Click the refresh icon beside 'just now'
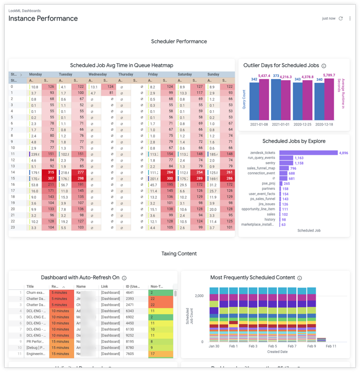[x=340, y=19]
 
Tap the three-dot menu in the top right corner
[x=350, y=19]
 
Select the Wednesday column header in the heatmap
[x=98, y=75]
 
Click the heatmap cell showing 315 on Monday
[x=50, y=173]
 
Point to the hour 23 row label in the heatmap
[x=12, y=227]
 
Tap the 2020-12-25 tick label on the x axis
[x=303, y=124]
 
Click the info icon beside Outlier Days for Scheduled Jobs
[x=324, y=66]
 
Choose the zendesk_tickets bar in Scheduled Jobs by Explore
[x=309, y=153]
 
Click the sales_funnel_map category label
[x=261, y=168]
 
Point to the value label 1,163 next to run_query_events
[x=299, y=158]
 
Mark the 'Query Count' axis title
[x=244, y=99]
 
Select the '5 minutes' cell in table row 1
[x=60, y=293]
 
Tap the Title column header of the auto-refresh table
[x=30, y=287]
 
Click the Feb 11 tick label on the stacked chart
[x=331, y=346]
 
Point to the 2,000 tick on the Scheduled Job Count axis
[x=199, y=296]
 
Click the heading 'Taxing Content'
[x=179, y=254]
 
